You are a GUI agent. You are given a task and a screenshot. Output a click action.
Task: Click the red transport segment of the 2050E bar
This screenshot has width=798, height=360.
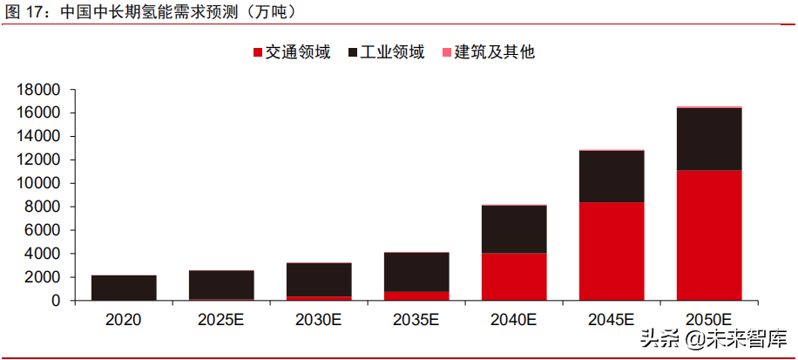pos(708,235)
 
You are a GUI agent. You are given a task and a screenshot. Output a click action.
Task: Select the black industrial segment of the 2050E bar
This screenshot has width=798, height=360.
pos(708,139)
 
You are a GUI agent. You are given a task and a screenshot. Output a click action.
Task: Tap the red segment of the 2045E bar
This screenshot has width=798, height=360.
pos(612,251)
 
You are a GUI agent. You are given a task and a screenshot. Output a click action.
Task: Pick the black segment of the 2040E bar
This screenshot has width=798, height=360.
pos(514,229)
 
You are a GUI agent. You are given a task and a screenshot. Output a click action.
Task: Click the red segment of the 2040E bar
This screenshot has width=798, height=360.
pos(514,276)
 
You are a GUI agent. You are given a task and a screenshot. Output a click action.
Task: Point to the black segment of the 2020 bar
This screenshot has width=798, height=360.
pos(124,288)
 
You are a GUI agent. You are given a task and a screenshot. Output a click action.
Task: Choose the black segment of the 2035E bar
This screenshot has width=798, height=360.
pos(416,272)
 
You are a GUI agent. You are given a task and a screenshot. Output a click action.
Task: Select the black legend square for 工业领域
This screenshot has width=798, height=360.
pos(354,53)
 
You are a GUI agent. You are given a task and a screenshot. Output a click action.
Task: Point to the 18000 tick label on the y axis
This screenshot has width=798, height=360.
pos(38,90)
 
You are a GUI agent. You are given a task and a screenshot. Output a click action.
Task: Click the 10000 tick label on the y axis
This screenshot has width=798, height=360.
pos(38,184)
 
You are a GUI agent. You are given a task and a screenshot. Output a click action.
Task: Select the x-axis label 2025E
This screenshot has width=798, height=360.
pos(221,320)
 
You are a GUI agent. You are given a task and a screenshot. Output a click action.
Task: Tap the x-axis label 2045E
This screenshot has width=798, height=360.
pos(612,320)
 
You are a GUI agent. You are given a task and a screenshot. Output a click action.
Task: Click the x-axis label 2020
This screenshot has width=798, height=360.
pos(124,320)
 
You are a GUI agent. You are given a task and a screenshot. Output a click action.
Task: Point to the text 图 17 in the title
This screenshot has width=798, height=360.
pos(26,12)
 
